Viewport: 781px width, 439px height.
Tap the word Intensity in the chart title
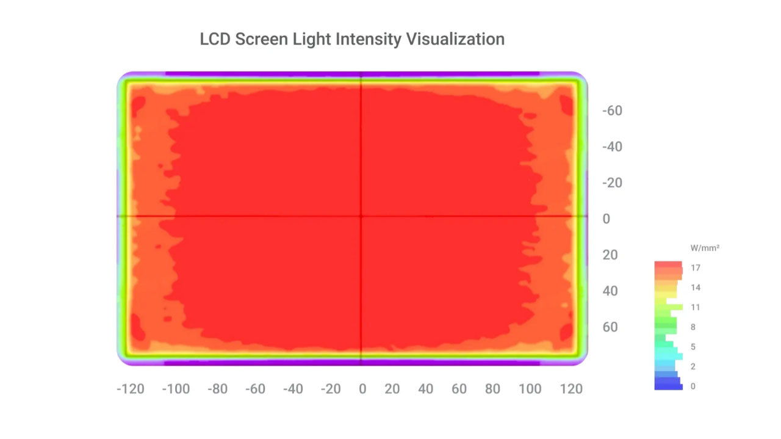(x=366, y=40)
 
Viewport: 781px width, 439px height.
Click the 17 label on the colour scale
(x=696, y=268)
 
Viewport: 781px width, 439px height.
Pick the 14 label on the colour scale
(x=696, y=288)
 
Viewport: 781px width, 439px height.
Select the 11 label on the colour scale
(x=696, y=307)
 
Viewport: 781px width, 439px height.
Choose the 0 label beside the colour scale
(x=693, y=386)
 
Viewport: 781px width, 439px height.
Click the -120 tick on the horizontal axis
(x=130, y=389)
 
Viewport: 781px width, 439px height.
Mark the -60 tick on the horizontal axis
(x=256, y=389)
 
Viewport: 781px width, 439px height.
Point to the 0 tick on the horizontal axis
(x=362, y=389)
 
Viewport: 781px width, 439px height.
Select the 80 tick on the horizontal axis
(x=492, y=389)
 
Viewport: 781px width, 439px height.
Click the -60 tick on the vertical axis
(x=612, y=111)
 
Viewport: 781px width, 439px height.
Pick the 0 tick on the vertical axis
(x=606, y=219)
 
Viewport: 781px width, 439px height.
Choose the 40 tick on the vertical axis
(x=610, y=291)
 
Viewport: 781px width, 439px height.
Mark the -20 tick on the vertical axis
(x=612, y=183)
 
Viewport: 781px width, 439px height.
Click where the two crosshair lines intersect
(x=361, y=216)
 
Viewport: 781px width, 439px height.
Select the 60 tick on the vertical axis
(x=610, y=327)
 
